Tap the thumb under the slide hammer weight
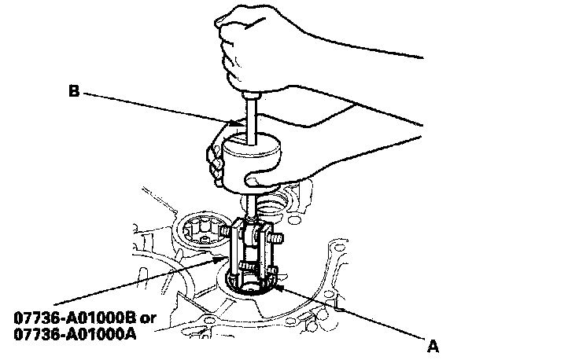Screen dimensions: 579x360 (x=260, y=181)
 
